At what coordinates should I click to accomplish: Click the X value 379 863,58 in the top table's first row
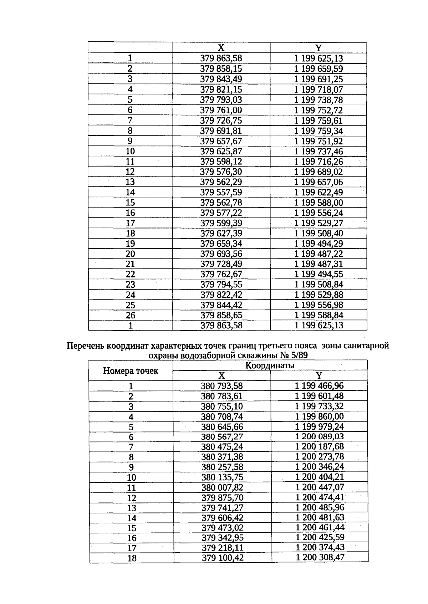221,58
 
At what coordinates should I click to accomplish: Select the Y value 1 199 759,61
318,121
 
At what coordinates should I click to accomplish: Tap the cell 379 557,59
221,193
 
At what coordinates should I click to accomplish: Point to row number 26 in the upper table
130,315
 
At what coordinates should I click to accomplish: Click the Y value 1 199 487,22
318,254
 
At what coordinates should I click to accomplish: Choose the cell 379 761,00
221,110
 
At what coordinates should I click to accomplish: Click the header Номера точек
131,370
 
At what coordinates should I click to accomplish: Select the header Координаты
270,365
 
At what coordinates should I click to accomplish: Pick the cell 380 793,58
221,386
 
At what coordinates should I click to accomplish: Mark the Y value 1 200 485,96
320,507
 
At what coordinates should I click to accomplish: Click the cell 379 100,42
223,558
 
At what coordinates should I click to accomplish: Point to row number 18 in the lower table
132,558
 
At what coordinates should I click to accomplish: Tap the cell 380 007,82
222,487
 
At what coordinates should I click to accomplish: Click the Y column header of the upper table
318,48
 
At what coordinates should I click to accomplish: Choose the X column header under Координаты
221,375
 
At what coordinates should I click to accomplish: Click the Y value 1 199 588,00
318,203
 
